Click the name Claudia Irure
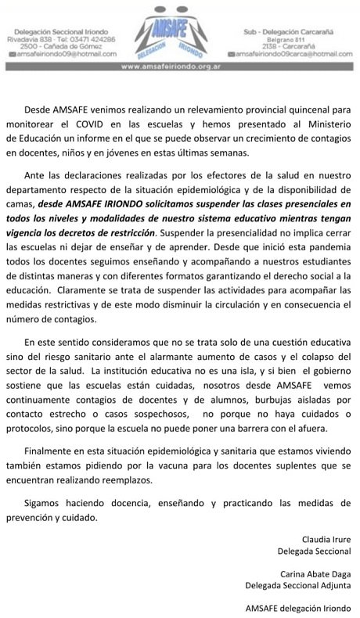coord(328,539)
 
